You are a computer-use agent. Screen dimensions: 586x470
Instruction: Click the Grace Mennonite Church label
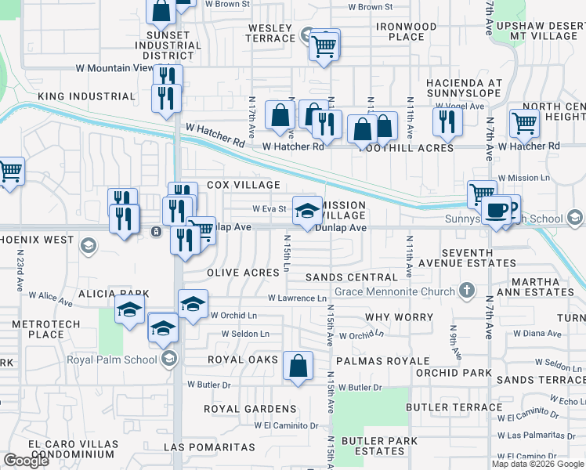(394, 292)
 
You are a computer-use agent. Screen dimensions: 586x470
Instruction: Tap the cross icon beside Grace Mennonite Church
(466, 292)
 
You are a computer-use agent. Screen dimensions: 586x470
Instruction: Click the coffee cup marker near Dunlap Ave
(495, 210)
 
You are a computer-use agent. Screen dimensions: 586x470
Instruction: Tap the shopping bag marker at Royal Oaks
(298, 366)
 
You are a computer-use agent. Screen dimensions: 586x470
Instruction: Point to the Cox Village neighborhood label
(243, 185)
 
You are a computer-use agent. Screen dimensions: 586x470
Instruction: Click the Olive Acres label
(243, 273)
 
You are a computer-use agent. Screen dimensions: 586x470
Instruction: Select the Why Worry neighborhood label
(399, 317)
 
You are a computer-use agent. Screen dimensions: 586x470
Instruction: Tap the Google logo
(26, 461)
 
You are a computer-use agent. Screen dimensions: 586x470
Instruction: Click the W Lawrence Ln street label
(297, 298)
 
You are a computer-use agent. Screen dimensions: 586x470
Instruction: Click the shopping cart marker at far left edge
(9, 171)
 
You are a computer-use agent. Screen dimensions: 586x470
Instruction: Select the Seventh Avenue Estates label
(489, 258)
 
